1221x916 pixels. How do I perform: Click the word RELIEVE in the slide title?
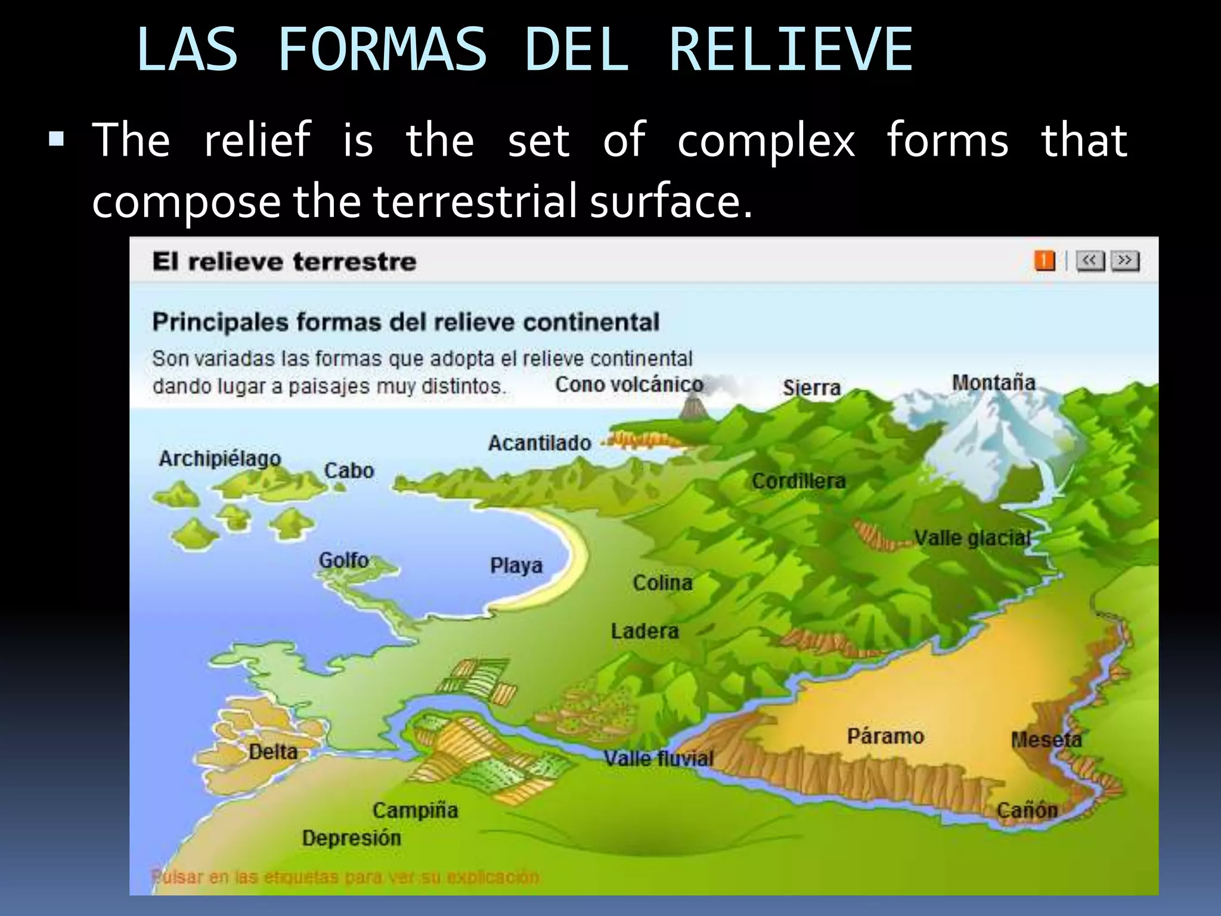pyautogui.click(x=791, y=50)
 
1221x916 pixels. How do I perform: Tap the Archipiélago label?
pyautogui.click(x=219, y=458)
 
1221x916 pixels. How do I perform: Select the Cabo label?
pyautogui.click(x=349, y=471)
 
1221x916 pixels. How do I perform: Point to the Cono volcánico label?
pyautogui.click(x=629, y=385)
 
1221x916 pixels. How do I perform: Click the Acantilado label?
pyautogui.click(x=540, y=443)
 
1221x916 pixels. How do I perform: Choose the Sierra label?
pyautogui.click(x=811, y=388)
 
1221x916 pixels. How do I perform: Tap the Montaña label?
pyautogui.click(x=993, y=383)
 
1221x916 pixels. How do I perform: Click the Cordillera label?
pyautogui.click(x=798, y=481)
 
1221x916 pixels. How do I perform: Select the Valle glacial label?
pyautogui.click(x=972, y=538)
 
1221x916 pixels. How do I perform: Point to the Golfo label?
pyautogui.click(x=343, y=560)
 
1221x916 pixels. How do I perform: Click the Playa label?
pyautogui.click(x=516, y=565)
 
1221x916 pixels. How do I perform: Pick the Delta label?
pyautogui.click(x=273, y=751)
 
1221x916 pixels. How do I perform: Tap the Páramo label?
pyautogui.click(x=885, y=736)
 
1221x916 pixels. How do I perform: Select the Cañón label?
pyautogui.click(x=1027, y=810)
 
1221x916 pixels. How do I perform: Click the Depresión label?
pyautogui.click(x=351, y=838)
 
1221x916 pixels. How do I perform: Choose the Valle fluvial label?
pyautogui.click(x=658, y=759)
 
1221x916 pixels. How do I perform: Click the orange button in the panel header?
pyautogui.click(x=1044, y=261)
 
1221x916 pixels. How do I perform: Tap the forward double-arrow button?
pyautogui.click(x=1125, y=261)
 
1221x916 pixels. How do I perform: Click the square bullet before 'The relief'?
pyautogui.click(x=57, y=140)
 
